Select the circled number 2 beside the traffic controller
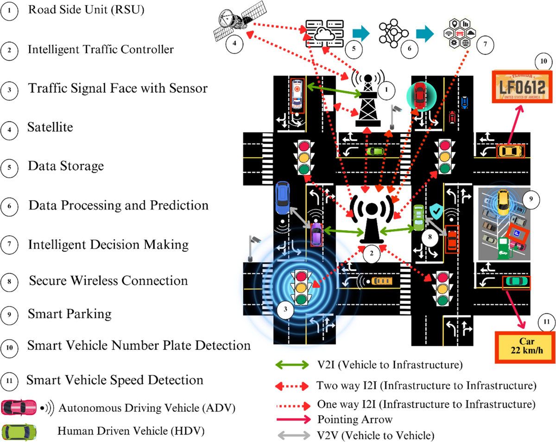[372, 253]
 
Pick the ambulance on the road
[297, 95]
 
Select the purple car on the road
[316, 234]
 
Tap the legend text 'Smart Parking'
[70, 314]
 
